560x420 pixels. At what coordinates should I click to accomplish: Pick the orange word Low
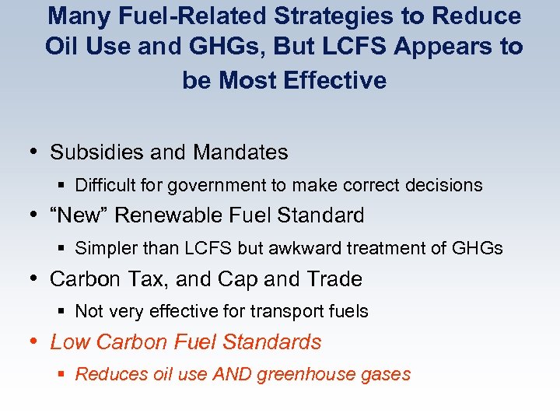(67, 342)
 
